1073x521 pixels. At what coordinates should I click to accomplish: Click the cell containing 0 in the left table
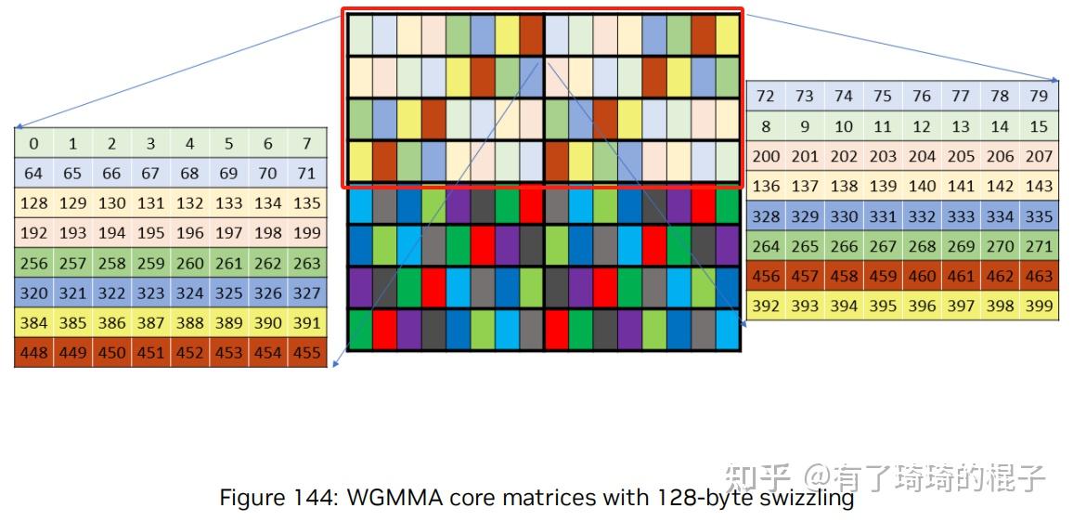coord(33,143)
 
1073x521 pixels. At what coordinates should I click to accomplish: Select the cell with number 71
coord(307,173)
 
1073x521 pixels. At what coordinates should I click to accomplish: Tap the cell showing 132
coord(189,202)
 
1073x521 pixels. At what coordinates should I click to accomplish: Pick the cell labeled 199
coord(307,232)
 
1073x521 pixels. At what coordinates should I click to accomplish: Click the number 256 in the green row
coord(33,263)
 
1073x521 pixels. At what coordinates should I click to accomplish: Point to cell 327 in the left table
coord(307,293)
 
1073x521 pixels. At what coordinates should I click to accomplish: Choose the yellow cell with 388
coord(189,323)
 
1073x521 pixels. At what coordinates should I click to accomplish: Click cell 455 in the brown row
coord(307,353)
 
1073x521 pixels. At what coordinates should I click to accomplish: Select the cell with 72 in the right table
coord(766,96)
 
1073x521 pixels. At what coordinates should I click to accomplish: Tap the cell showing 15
coord(1039,126)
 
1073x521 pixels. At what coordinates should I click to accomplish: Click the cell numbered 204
coord(922,156)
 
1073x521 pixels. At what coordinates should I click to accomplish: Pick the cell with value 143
coord(1039,186)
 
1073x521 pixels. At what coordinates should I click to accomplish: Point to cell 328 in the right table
coord(766,216)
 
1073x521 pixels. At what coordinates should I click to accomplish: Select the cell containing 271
coord(1039,246)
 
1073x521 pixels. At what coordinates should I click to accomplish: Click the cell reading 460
coord(922,276)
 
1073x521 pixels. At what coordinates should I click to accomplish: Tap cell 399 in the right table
coord(1039,306)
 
